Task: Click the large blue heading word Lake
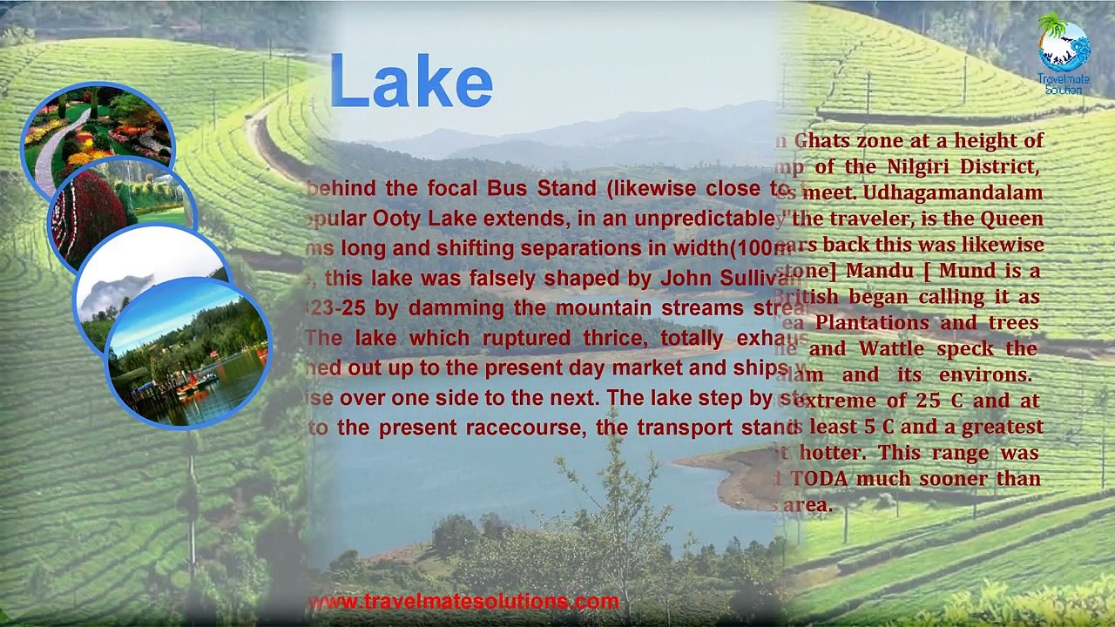click(411, 84)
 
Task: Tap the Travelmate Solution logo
click(1064, 52)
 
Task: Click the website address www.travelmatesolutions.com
click(463, 602)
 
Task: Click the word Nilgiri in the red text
click(918, 165)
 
